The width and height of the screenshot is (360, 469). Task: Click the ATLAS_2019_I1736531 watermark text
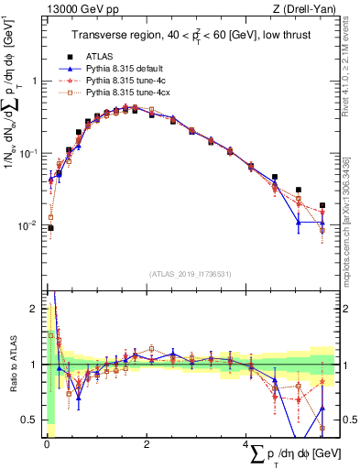click(x=189, y=274)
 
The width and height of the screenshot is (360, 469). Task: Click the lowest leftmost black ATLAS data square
click(x=50, y=228)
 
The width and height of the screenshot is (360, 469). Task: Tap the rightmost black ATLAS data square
click(x=322, y=206)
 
